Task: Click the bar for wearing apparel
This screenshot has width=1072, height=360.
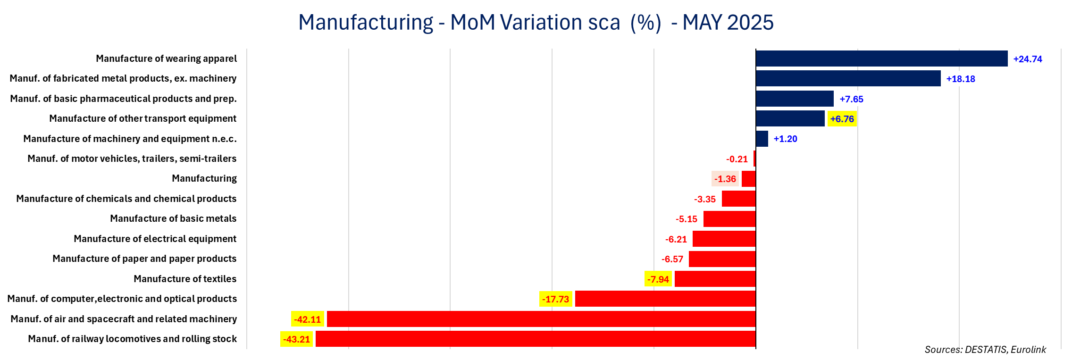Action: tap(881, 59)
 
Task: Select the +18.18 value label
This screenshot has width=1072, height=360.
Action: tap(961, 79)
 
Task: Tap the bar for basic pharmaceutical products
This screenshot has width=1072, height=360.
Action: tap(795, 99)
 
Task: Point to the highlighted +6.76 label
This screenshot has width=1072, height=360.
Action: tap(842, 119)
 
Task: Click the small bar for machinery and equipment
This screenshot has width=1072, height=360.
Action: tap(762, 139)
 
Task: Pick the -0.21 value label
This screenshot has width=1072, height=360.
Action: tap(737, 159)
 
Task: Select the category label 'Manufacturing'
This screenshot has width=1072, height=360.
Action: tap(204, 178)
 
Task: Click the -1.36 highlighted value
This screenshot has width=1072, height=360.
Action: tap(725, 179)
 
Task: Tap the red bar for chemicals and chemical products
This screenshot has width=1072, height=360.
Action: tap(739, 199)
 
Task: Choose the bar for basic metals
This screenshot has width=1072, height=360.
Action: tap(729, 219)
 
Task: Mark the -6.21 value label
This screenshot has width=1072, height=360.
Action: tap(676, 239)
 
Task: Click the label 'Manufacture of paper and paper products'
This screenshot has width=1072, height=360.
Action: tap(144, 259)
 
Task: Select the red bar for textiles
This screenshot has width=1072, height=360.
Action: tap(715, 279)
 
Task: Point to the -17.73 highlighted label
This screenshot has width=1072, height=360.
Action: tap(556, 299)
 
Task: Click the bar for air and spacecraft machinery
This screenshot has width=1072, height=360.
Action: tap(541, 319)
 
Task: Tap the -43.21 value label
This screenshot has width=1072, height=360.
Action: tap(296, 339)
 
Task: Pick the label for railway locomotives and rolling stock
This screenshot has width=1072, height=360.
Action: tap(133, 339)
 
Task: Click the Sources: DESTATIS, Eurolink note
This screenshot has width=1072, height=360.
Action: tap(985, 350)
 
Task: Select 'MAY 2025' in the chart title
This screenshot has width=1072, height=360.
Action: tap(728, 22)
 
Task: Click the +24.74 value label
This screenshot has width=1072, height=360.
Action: tap(1028, 59)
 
